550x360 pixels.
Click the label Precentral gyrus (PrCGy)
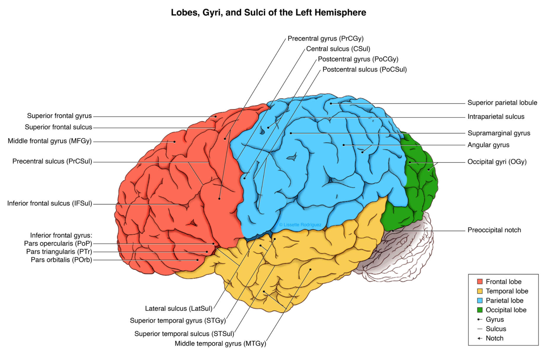(325, 39)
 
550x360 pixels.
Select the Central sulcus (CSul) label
(338, 49)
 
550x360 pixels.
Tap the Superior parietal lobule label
(502, 103)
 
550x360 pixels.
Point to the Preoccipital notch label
(494, 230)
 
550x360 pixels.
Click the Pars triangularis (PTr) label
(59, 252)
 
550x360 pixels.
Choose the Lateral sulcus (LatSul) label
(179, 309)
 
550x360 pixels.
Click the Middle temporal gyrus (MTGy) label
(220, 344)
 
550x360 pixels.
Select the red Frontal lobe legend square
(480, 281)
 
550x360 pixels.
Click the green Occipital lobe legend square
(480, 310)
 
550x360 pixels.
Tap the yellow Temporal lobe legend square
(480, 291)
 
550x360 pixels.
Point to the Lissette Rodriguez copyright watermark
(300, 225)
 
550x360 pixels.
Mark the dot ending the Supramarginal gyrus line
(291, 133)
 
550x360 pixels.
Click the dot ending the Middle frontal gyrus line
(174, 142)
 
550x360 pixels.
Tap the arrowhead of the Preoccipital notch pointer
(392, 231)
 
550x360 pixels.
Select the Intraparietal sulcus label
(496, 117)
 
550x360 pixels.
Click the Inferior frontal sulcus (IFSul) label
(49, 204)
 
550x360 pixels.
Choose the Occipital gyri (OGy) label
(497, 162)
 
